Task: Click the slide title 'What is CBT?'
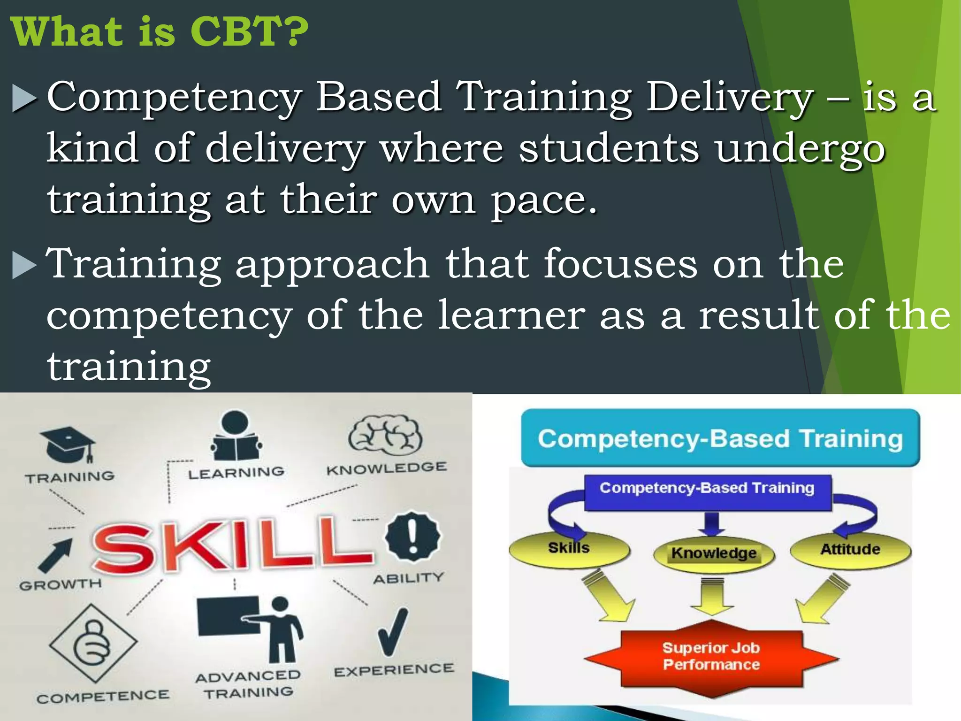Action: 160,32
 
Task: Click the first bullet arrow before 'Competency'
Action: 23,98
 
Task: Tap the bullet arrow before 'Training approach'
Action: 23,265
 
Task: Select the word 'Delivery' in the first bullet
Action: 730,97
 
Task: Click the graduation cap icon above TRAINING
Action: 68,444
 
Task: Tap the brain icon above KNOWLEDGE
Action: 385,435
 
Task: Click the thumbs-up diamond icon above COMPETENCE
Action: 93,643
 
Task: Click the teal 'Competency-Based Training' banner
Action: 720,438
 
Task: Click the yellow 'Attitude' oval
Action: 850,550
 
